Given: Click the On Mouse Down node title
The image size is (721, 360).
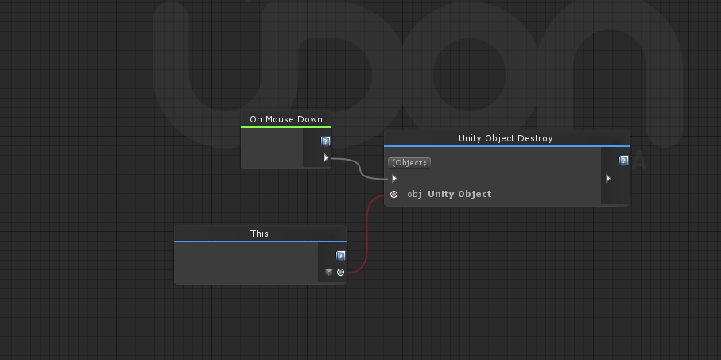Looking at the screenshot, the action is [286, 119].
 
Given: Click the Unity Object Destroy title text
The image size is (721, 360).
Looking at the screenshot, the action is [506, 138].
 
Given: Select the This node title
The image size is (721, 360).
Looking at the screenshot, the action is [259, 234].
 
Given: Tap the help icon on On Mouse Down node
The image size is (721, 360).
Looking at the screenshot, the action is [326, 141].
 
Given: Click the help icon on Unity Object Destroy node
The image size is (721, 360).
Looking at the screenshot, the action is [623, 160].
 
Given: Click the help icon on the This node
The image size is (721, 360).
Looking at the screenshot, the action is [340, 256].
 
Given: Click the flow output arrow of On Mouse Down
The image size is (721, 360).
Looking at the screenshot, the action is [326, 158].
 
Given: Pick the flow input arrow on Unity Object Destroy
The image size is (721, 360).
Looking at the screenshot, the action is [394, 178].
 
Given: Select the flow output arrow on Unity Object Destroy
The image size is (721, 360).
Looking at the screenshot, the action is [608, 178].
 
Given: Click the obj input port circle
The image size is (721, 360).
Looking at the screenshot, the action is [394, 195].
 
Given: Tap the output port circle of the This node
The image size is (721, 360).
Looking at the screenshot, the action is [340, 272].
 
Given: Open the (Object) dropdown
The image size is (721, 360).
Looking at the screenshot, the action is [409, 163].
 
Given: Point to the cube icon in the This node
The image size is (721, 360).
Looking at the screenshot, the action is [329, 272].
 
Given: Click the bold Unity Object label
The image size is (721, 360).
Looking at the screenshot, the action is [459, 194].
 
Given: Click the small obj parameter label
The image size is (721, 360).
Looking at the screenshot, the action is [414, 195].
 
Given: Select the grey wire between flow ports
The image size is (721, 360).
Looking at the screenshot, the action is [360, 168].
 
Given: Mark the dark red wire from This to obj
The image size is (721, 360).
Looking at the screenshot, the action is [366, 234].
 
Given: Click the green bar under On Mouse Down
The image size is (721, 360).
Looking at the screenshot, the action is [286, 127].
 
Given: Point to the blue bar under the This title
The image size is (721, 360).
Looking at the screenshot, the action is [260, 242].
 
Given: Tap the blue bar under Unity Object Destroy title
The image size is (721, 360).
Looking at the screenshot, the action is [506, 146].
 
